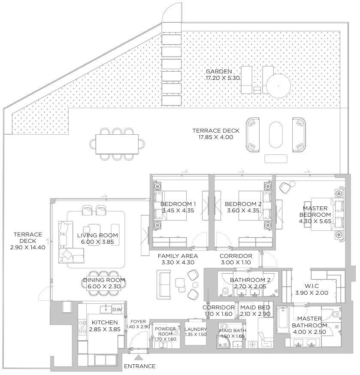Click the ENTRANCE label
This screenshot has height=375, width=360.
[139, 366]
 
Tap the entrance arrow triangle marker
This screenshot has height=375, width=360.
[138, 357]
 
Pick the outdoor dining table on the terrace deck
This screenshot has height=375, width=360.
[117, 144]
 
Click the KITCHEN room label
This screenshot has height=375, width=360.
[103, 326]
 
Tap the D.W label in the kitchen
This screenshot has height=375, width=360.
[116, 309]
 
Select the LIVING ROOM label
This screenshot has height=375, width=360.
[97, 239]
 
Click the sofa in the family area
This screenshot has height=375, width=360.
[164, 284]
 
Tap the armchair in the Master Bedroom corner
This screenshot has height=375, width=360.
[286, 187]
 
